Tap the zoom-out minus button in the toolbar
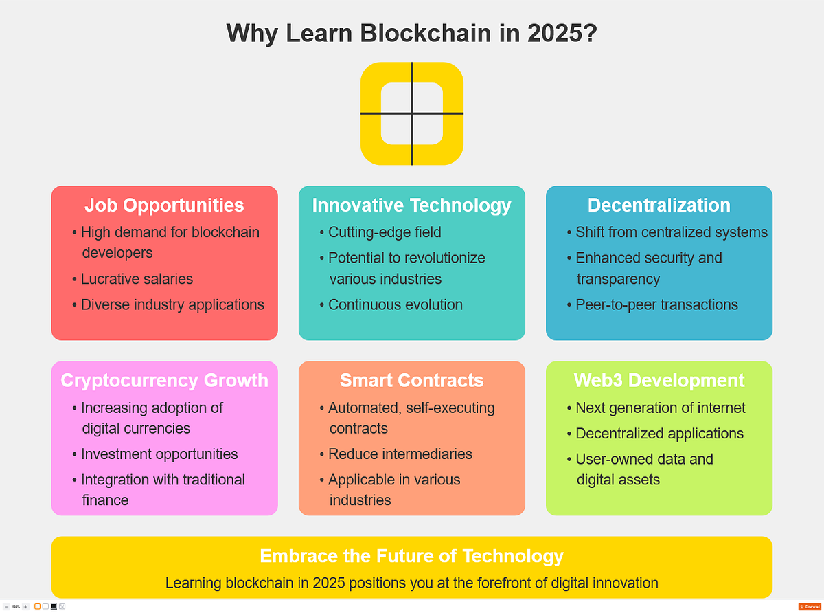[7, 606]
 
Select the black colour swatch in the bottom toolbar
[54, 606]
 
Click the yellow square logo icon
[412, 113]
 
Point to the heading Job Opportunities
[164, 205]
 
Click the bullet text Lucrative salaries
[137, 279]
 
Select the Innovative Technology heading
[411, 205]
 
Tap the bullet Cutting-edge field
[384, 232]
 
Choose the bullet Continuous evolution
[395, 304]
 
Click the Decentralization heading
[659, 205]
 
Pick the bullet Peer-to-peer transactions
[656, 304]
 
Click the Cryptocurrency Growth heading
[164, 380]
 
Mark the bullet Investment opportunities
[159, 454]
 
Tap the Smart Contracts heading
[411, 380]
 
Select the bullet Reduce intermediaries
[400, 454]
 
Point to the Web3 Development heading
[659, 380]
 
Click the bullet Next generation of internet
[660, 408]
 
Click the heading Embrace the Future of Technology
[411, 555]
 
